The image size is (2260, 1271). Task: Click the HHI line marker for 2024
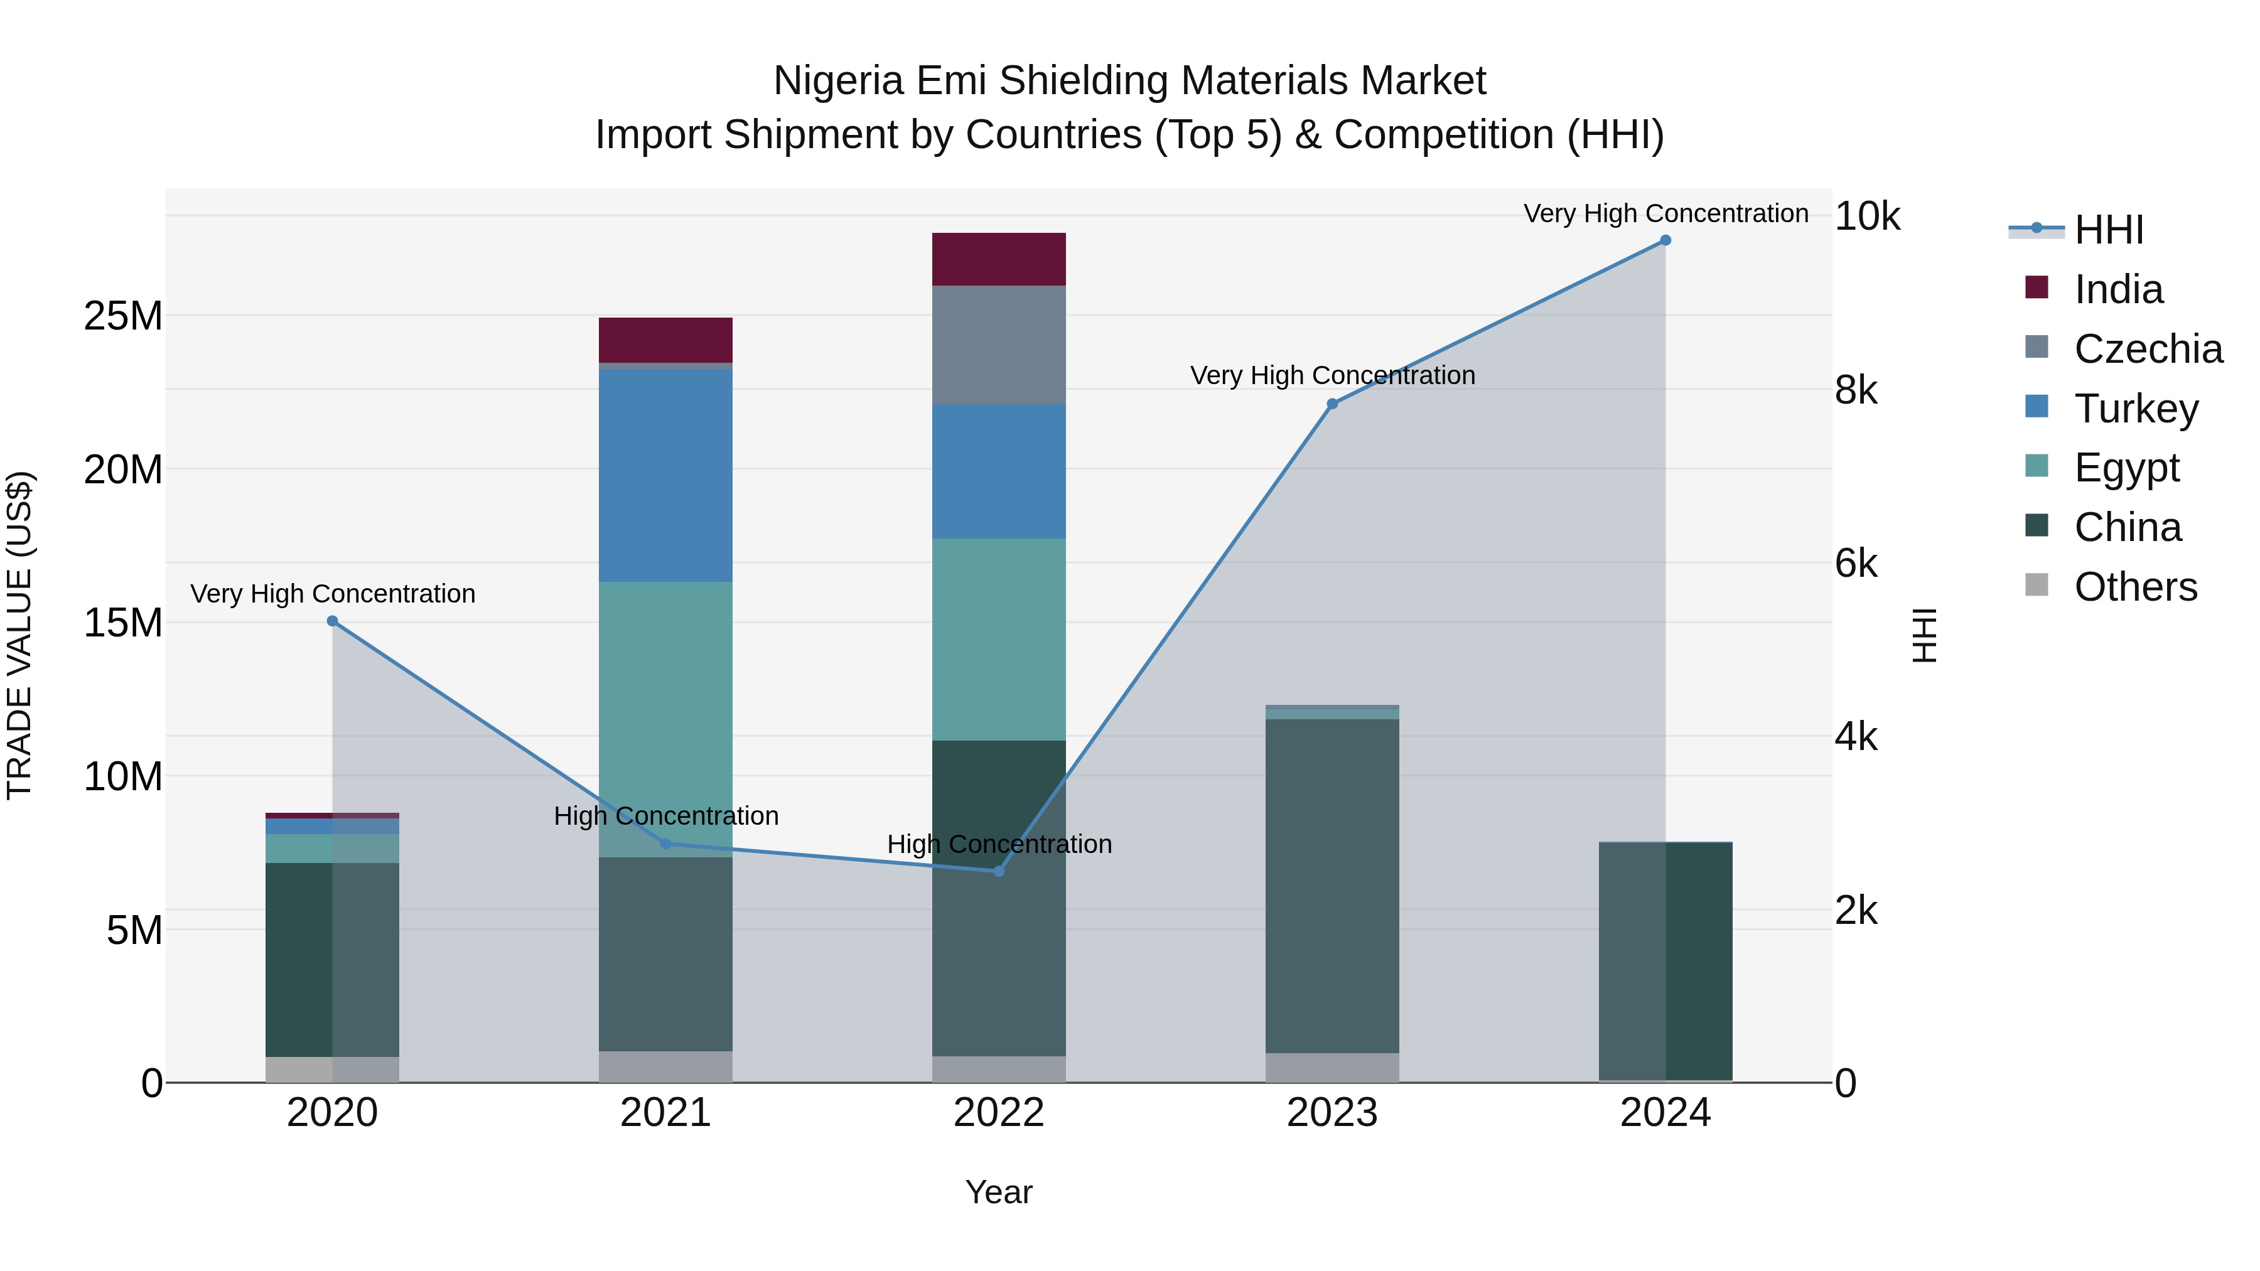(1665, 240)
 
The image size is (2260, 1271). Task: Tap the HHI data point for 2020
(333, 621)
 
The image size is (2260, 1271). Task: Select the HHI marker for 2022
(998, 871)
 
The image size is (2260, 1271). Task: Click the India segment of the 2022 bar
(998, 260)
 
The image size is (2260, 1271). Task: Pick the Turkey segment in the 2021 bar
(665, 475)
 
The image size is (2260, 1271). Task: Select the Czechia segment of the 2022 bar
(998, 345)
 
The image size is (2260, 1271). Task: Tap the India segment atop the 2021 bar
(665, 340)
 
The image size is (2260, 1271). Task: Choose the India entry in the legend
(2118, 289)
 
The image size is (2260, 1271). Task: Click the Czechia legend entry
(2148, 349)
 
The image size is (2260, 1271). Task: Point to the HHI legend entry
(2108, 230)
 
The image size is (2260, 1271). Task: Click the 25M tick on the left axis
(123, 316)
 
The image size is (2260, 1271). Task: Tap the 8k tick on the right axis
(1856, 390)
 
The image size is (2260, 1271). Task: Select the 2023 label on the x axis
(1332, 1113)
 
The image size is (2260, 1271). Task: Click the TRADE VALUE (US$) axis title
(19, 635)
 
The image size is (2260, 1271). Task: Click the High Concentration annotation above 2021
(666, 816)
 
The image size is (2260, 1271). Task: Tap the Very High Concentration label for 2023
(1332, 375)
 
